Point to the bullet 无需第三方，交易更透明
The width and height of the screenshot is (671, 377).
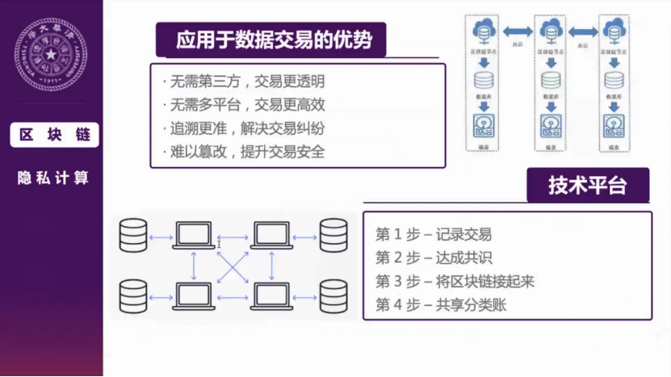click(243, 82)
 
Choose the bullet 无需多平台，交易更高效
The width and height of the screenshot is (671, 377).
click(243, 105)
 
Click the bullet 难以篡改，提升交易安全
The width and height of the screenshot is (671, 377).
click(243, 151)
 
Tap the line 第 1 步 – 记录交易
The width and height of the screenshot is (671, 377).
click(434, 235)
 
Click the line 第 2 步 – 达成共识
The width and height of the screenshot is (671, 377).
click(434, 258)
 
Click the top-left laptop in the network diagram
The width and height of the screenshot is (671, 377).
click(193, 236)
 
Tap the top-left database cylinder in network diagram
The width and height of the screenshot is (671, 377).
click(133, 234)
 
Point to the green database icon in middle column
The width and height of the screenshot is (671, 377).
click(551, 80)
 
